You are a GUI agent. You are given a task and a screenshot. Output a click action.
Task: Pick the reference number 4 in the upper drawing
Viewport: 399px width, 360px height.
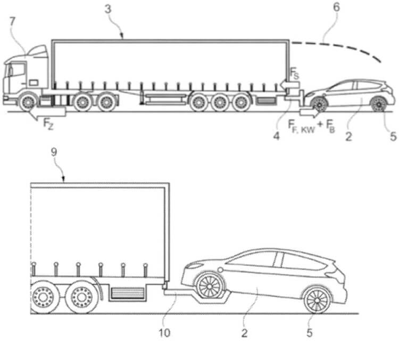point(277,136)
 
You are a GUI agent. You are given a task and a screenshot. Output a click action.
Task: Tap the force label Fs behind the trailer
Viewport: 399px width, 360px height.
point(294,73)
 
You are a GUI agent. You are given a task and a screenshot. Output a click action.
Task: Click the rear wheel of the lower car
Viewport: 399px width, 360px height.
point(317,300)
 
